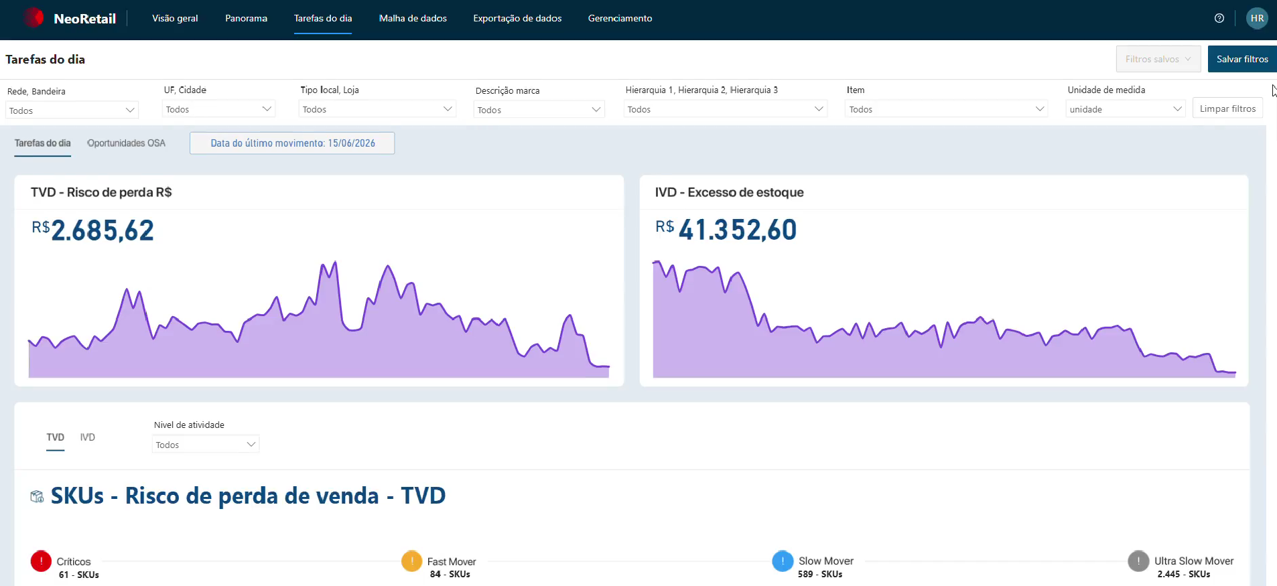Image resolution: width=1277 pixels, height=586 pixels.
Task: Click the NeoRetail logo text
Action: [x=84, y=19]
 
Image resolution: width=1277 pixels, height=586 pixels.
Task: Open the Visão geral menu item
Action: [x=175, y=18]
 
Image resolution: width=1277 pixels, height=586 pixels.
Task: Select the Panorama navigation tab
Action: [x=246, y=18]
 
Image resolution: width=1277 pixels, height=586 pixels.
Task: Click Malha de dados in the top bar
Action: [x=413, y=18]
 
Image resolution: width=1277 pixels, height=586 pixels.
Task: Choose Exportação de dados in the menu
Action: [x=517, y=18]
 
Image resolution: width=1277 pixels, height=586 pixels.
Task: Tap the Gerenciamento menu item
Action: [x=620, y=18]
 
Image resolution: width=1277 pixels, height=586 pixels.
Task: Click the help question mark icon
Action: [x=1219, y=18]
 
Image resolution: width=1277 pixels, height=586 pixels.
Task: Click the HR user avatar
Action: [x=1257, y=18]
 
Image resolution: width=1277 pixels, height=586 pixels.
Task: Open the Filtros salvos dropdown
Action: [x=1158, y=59]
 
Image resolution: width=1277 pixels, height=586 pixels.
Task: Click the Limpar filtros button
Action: [x=1227, y=108]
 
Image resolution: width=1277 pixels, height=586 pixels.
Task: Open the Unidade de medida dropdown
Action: [x=1126, y=109]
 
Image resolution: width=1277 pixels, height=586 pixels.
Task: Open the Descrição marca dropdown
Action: [x=539, y=110]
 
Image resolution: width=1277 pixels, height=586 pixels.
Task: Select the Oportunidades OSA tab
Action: [x=126, y=143]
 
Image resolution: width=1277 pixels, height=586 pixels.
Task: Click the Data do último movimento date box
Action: [x=292, y=143]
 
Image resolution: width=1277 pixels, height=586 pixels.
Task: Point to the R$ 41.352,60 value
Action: [x=726, y=230]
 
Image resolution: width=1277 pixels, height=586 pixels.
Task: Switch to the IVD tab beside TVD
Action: [x=88, y=437]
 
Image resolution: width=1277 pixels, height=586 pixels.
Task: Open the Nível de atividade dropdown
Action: [x=206, y=445]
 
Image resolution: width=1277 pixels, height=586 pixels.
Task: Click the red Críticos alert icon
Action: [x=41, y=561]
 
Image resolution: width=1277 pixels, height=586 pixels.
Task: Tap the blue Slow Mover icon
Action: [x=783, y=561]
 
